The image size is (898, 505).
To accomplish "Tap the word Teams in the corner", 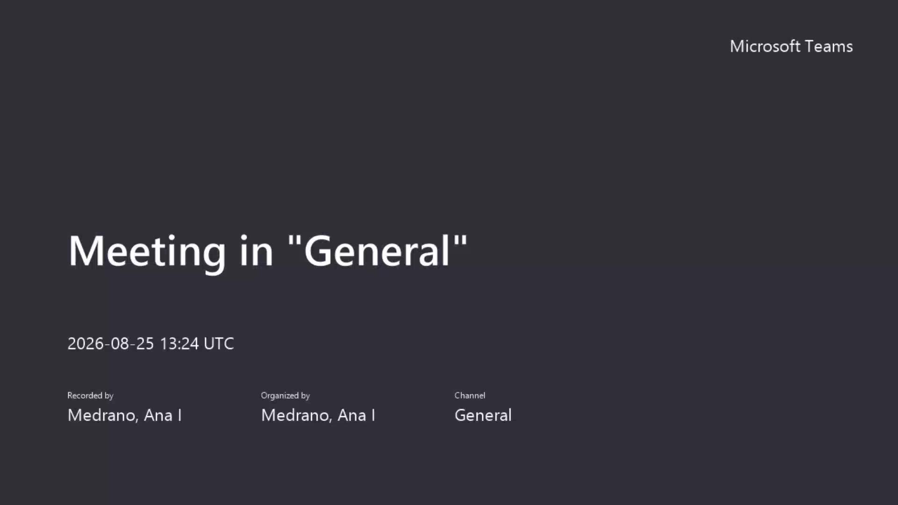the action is coord(829,46).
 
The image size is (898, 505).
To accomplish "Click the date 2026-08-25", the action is coord(111,344).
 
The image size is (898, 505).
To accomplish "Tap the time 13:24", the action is coord(180,344).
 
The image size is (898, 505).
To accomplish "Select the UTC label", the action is coord(219,344).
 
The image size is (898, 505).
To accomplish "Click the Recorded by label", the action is coord(90,396).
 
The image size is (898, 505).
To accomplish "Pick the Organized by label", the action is coord(285,396).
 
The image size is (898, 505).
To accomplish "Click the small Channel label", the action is coord(470,396).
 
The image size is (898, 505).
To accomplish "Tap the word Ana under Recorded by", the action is coord(158,415).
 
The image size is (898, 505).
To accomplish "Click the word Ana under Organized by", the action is coord(352,415).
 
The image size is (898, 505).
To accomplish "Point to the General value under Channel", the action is coord(483,415).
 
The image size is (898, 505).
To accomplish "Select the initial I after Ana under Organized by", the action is coord(373,415).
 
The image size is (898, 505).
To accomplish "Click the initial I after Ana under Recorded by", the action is coord(180,415).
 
